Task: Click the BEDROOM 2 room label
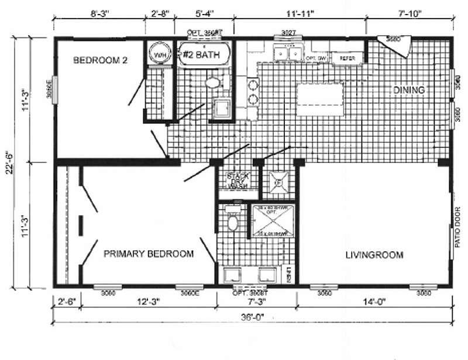(x=101, y=60)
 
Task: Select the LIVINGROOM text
(x=374, y=255)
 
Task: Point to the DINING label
(x=408, y=90)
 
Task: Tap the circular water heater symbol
(x=157, y=54)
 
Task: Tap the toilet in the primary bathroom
(x=233, y=221)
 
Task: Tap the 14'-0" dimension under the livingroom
(x=374, y=302)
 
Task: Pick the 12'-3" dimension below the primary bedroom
(x=149, y=302)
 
